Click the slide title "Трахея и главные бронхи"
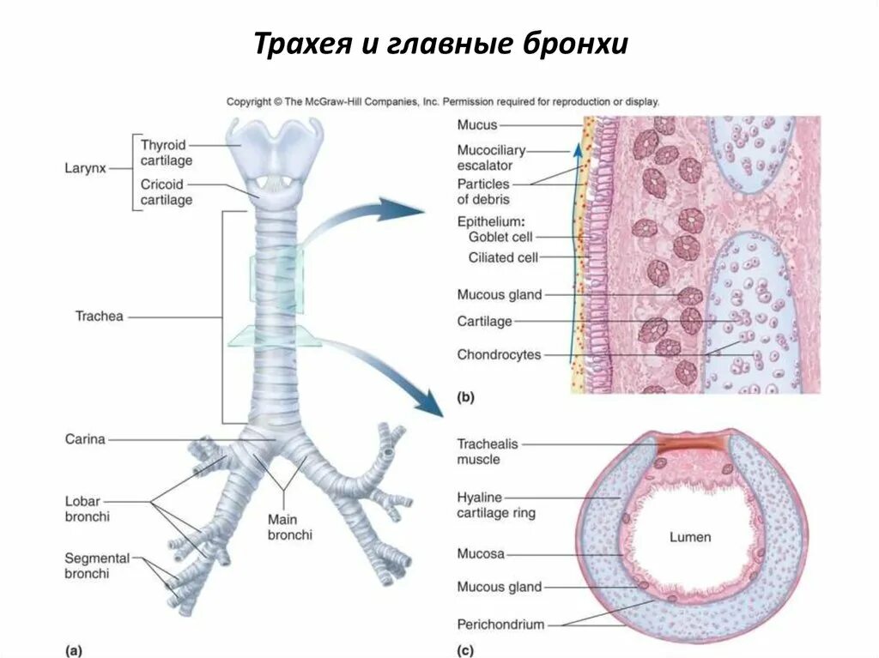440,44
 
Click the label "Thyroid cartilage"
167,153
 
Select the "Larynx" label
85,169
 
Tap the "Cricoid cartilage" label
167,192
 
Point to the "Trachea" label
100,317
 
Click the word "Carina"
85,439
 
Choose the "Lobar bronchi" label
88,509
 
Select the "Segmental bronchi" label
97,565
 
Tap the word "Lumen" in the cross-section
690,537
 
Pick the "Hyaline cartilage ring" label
496,505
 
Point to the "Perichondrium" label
500,625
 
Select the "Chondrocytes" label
499,354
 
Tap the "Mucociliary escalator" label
490,158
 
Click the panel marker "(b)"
465,397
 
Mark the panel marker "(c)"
465,650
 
